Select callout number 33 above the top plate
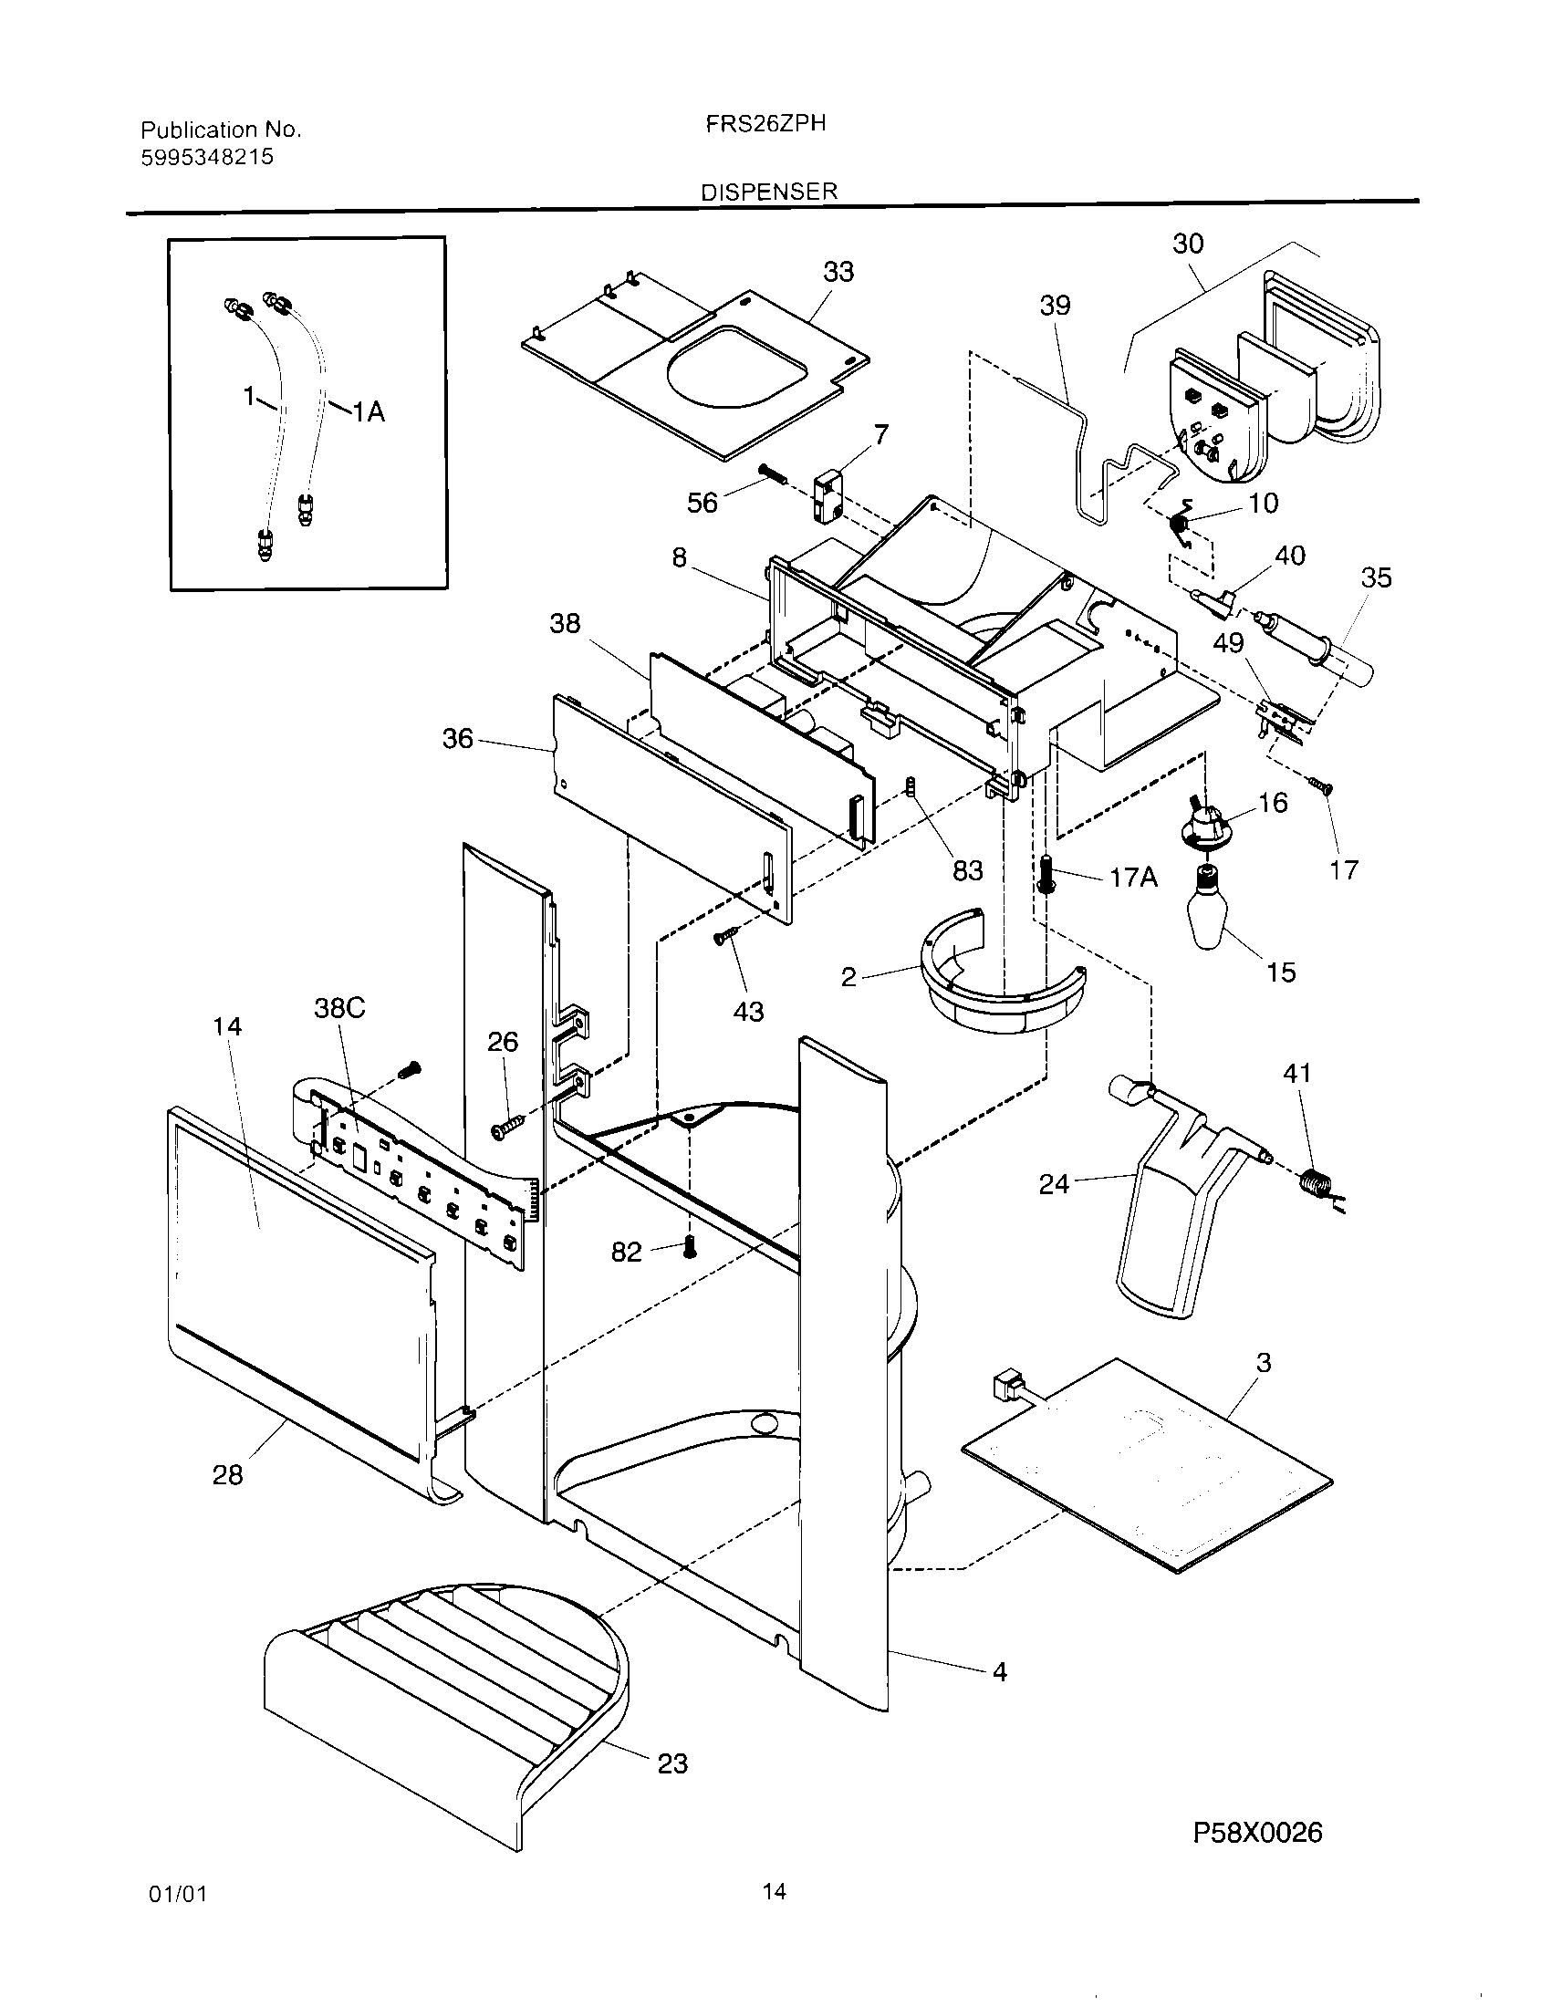click(838, 272)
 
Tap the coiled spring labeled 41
click(1315, 1182)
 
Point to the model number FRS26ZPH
click(765, 124)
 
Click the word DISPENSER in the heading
click(769, 192)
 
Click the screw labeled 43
click(723, 936)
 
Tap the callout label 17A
click(1133, 878)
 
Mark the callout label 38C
click(339, 1008)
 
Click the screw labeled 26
click(506, 1128)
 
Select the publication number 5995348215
click(207, 157)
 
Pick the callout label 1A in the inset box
click(369, 412)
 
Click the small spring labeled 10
click(1181, 524)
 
